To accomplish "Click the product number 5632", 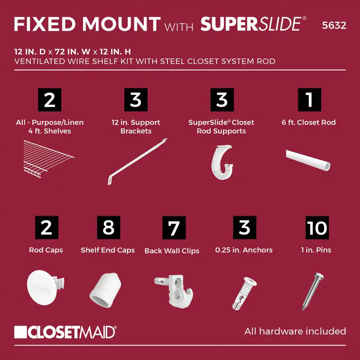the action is point(334,25).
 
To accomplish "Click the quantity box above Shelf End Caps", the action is point(109,228).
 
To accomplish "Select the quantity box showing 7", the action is point(174,228).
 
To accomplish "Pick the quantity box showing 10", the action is point(317,228).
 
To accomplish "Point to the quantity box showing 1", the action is point(310,100).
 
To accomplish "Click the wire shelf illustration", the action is point(49,159).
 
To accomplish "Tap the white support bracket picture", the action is point(137,162).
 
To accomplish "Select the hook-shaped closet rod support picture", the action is point(222,162).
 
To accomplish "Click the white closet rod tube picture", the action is point(308,160).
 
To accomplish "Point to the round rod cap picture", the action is point(45,287).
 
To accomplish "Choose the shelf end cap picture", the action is point(105,290).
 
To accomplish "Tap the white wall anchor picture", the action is point(244,293).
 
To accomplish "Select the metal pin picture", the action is point(313,292).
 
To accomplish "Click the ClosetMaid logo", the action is point(65,332).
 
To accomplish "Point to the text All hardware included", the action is point(295,331).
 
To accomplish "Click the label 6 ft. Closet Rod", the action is point(309,122).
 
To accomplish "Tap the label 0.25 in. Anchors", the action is point(244,250).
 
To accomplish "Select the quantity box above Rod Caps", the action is point(46,228).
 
